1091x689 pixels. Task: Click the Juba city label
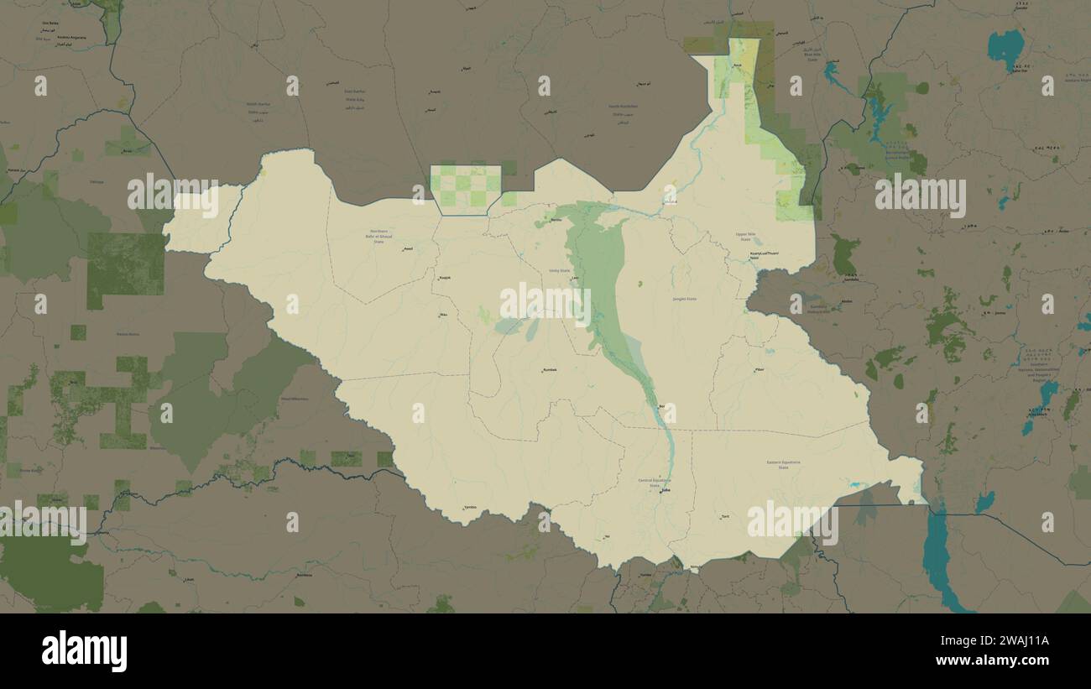click(666, 491)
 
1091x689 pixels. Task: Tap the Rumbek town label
click(550, 369)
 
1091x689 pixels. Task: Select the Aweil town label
click(408, 248)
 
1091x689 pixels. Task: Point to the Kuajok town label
click(445, 278)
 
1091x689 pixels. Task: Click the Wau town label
click(443, 316)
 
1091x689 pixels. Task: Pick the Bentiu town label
click(556, 220)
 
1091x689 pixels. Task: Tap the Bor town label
click(662, 407)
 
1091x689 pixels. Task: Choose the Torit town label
click(725, 516)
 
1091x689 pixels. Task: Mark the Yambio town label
click(469, 508)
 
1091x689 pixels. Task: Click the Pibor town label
click(760, 369)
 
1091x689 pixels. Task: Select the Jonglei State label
click(685, 299)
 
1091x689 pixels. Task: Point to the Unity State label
click(558, 270)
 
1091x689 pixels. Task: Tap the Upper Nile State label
click(744, 237)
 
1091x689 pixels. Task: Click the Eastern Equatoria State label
click(783, 464)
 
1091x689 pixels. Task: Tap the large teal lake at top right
click(1005, 48)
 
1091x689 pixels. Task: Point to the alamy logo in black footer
click(84, 651)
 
